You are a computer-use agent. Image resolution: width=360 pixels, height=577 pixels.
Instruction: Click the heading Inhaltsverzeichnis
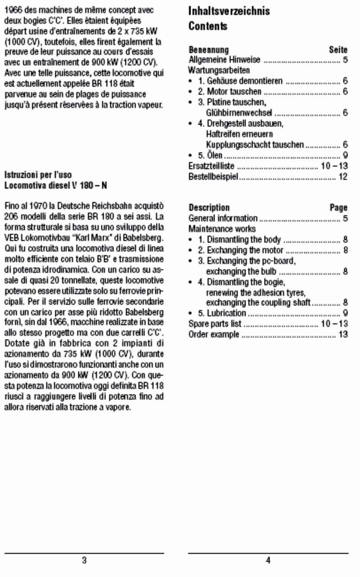pos(229,11)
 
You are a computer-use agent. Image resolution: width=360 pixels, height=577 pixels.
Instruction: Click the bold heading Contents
pos(208,27)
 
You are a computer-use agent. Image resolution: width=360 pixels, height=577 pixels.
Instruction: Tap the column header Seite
pos(338,50)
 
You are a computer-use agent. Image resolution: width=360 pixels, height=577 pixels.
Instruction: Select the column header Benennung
pos(208,50)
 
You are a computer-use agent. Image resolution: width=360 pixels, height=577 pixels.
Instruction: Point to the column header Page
pos(338,208)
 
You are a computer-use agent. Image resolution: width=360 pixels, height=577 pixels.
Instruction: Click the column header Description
pos(209,208)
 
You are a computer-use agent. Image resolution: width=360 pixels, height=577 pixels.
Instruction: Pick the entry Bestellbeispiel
pos(213,177)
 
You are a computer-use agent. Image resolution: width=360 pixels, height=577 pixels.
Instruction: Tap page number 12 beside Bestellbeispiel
pos(343,177)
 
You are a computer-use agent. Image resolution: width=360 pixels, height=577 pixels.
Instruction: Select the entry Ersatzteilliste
pos(211,166)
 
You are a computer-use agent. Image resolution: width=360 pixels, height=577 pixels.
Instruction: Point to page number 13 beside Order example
pos(343,335)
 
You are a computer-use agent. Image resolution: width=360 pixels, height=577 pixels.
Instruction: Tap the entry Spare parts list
pos(215,324)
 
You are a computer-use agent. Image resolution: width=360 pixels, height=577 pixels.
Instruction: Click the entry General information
pos(223,219)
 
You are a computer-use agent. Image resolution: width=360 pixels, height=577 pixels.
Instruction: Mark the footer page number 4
pos(268,560)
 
